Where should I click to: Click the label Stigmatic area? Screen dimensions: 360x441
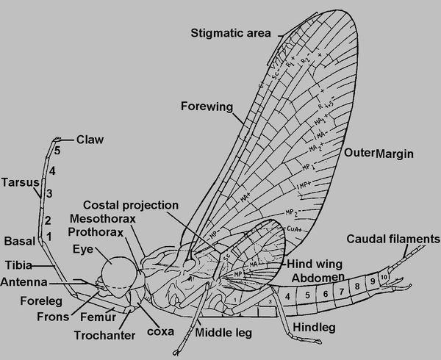(x=230, y=32)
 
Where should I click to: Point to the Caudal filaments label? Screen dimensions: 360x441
(x=392, y=239)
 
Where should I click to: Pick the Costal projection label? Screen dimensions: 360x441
(x=131, y=204)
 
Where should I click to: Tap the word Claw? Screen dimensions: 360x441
(x=90, y=139)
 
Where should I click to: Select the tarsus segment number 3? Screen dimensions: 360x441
(x=49, y=193)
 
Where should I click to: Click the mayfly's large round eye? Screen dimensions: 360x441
(x=118, y=268)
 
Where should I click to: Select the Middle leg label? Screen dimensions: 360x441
(x=223, y=333)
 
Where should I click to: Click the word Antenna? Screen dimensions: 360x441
(x=24, y=282)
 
